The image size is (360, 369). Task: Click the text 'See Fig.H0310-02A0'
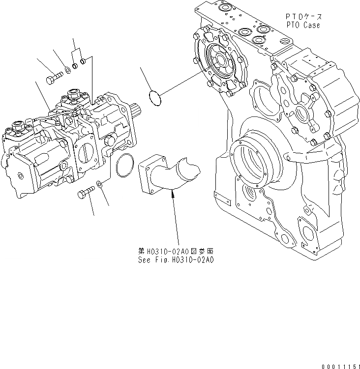[x=175, y=260]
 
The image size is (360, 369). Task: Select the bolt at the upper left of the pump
[x=52, y=78]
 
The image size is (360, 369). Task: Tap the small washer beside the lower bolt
[x=99, y=184]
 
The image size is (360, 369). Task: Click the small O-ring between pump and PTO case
[x=154, y=97]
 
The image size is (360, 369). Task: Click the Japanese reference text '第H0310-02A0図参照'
[x=175, y=252]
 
